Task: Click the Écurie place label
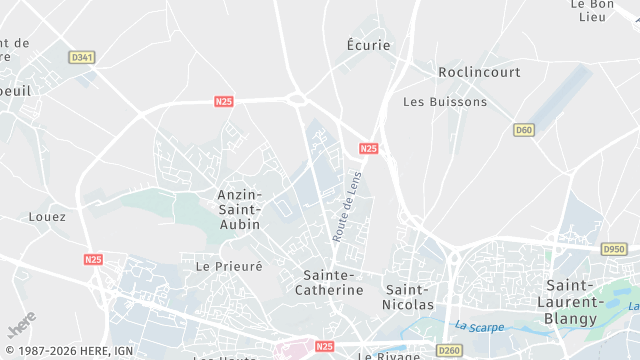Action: coord(368,45)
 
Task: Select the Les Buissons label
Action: coord(445,101)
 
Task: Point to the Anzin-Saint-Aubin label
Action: coord(240,209)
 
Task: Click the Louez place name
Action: coord(47,216)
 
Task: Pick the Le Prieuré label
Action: coord(229,266)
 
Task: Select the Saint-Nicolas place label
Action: coord(410,296)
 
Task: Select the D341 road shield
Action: coord(82,58)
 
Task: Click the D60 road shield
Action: coord(524,130)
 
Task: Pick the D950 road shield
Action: coord(613,249)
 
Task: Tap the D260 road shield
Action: coord(448,350)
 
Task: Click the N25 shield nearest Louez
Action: coord(92,259)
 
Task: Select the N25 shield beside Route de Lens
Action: coord(369,149)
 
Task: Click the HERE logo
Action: coord(21,327)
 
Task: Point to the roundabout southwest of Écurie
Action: coord(296,98)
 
